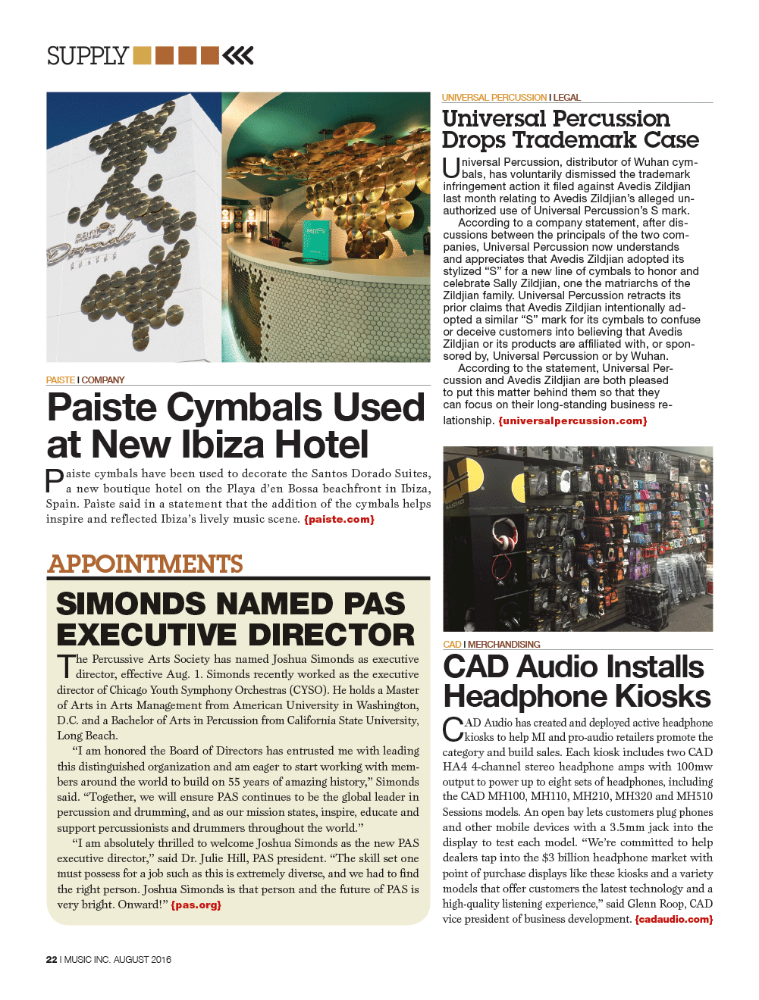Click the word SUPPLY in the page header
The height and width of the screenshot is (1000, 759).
coord(87,56)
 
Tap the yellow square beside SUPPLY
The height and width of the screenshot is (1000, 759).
coord(142,55)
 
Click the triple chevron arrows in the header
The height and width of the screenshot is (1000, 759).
coord(238,55)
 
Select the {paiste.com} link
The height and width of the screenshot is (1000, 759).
coord(339,520)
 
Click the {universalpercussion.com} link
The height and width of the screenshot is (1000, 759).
coord(572,421)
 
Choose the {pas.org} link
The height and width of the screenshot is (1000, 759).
coord(196,905)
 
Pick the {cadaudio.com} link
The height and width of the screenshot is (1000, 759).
coord(673,920)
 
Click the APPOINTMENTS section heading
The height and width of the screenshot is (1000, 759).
coord(145,564)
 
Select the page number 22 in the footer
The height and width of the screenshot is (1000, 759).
coord(52,959)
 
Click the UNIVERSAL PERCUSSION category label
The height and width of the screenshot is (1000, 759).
coord(494,98)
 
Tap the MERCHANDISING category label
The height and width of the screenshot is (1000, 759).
coord(503,645)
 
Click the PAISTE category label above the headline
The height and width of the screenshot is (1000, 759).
coord(60,380)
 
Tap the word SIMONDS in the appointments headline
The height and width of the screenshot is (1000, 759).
coord(130,605)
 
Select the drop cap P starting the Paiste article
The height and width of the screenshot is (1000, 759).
coord(55,481)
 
